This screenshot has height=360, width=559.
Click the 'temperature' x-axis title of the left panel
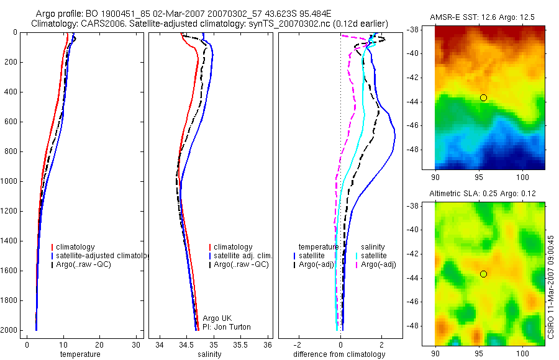(80, 354)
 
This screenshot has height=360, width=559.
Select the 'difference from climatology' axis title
(339, 354)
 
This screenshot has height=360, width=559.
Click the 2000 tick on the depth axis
(9, 330)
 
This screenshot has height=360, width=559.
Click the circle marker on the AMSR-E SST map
(483, 97)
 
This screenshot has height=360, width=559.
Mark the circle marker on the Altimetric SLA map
(483, 274)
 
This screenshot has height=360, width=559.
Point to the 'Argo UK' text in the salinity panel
(215, 318)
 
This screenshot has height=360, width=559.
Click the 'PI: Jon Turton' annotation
(227, 327)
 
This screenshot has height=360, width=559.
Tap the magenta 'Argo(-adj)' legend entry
(378, 264)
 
